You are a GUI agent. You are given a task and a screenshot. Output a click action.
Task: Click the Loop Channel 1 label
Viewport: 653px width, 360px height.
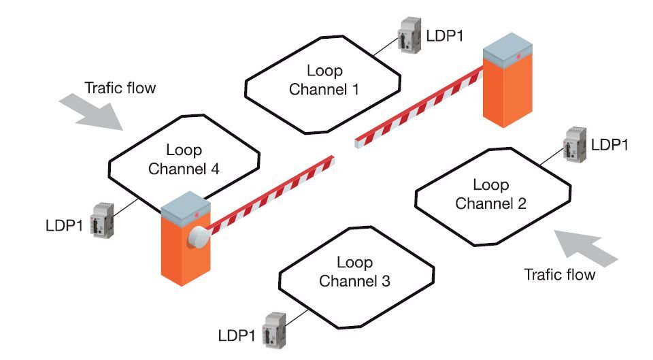[x=324, y=80]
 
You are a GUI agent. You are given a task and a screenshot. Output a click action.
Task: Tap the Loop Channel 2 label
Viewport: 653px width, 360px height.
[x=490, y=194]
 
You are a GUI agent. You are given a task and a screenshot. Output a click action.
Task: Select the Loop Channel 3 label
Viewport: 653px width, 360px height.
[x=354, y=272]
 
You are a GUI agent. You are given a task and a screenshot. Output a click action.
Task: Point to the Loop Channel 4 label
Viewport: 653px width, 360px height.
[x=184, y=159]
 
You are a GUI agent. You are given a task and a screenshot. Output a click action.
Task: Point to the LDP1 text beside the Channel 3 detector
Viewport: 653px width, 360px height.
[x=237, y=335]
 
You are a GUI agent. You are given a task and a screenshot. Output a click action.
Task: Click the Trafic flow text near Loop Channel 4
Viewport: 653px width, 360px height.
[x=120, y=88]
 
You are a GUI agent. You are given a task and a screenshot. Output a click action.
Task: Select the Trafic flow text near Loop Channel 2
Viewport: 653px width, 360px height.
[x=559, y=275]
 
